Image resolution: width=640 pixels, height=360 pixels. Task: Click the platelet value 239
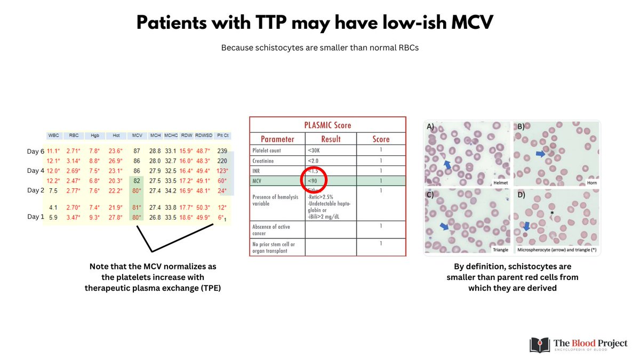(222, 151)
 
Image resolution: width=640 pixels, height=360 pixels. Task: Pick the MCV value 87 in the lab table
(137, 151)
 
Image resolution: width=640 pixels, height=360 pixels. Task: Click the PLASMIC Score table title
(327, 125)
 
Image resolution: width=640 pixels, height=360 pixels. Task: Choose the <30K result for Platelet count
(315, 150)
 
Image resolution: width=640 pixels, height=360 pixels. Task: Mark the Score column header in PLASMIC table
(380, 139)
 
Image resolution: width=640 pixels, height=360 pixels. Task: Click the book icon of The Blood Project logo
(539, 344)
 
